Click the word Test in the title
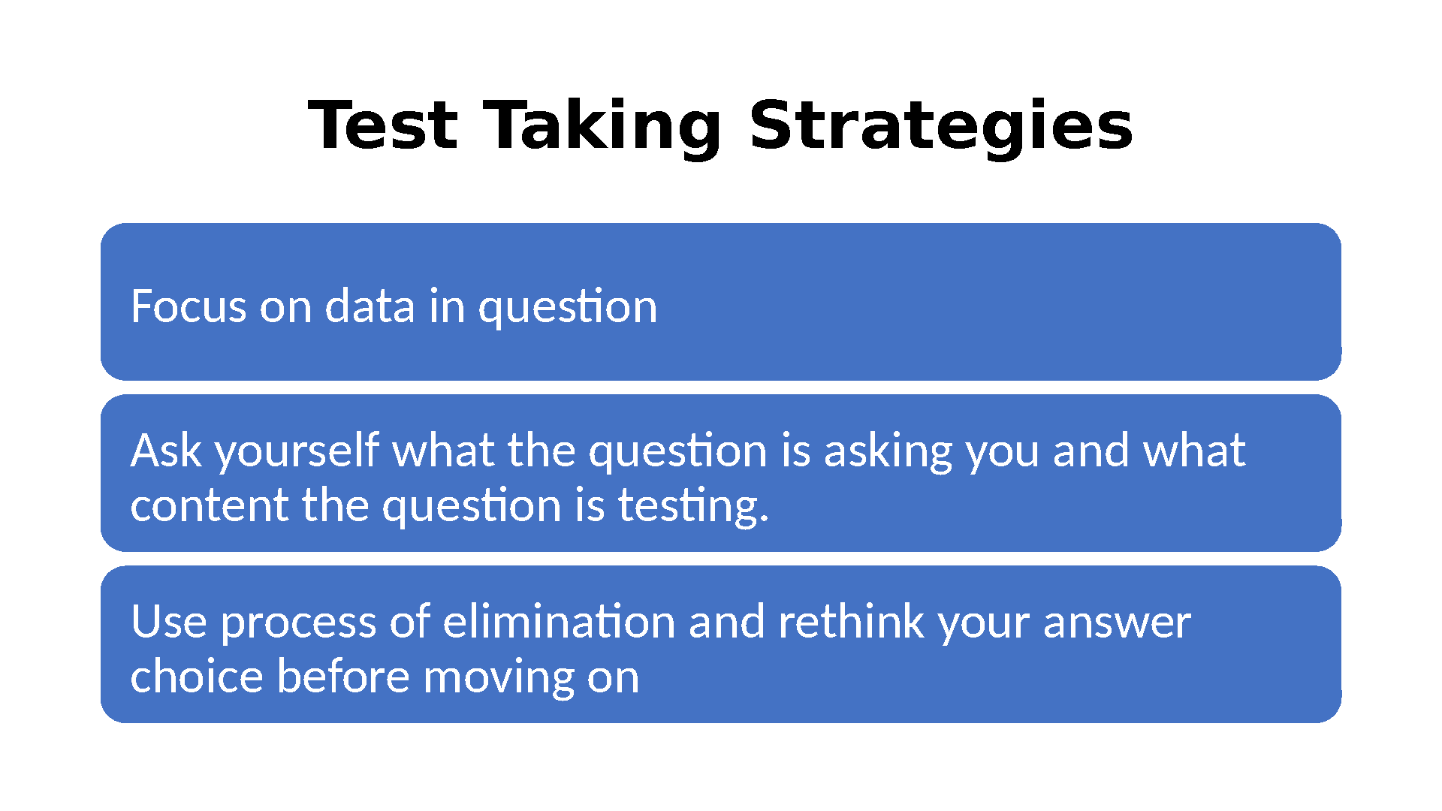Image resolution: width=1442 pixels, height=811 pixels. click(x=382, y=125)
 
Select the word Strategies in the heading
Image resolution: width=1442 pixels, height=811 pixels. click(x=941, y=128)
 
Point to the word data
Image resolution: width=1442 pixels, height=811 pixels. click(x=370, y=306)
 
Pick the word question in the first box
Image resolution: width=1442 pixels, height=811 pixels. click(x=568, y=308)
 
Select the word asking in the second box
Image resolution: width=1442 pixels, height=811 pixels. click(x=888, y=452)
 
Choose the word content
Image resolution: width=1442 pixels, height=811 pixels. click(x=210, y=505)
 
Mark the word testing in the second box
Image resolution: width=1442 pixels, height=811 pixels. click(x=688, y=507)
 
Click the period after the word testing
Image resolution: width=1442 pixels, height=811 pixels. click(x=765, y=520)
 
